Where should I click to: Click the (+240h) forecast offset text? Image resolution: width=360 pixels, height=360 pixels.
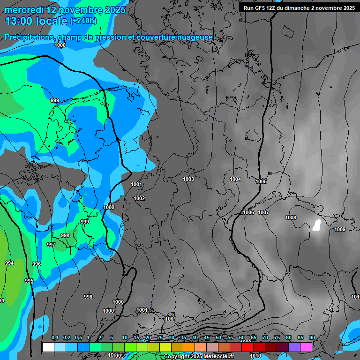click(x=83, y=21)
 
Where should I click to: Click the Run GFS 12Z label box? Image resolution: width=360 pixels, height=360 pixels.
click(x=299, y=8)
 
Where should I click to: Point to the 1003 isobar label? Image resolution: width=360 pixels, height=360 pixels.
click(x=188, y=180)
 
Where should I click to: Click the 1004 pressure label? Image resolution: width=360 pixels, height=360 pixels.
click(x=235, y=180)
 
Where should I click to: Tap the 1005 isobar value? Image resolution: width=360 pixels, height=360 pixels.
click(x=261, y=182)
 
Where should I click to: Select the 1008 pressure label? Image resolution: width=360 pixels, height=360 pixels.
click(x=291, y=218)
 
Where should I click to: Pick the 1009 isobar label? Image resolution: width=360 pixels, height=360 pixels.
click(x=340, y=230)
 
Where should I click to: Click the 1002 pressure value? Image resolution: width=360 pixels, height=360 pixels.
click(x=139, y=199)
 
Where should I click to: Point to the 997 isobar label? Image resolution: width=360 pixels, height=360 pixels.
click(x=51, y=245)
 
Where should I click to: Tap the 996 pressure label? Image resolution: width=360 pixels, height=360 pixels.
click(x=37, y=264)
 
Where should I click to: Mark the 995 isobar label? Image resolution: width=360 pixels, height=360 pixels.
click(x=29, y=281)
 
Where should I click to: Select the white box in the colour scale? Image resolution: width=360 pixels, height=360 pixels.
click(x=48, y=347)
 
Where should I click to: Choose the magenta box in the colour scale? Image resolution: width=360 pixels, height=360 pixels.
click(x=306, y=347)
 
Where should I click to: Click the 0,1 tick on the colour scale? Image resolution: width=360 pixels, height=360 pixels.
click(x=55, y=338)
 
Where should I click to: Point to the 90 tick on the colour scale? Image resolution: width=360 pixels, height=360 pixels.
click(x=312, y=338)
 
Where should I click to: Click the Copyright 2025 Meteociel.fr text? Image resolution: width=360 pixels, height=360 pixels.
click(x=199, y=357)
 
